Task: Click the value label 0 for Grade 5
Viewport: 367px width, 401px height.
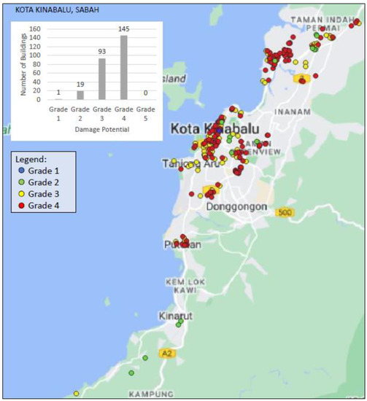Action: pyautogui.click(x=144, y=93)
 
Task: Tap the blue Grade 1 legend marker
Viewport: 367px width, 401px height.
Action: pyautogui.click(x=23, y=170)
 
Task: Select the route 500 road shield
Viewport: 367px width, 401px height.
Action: pyautogui.click(x=285, y=212)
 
